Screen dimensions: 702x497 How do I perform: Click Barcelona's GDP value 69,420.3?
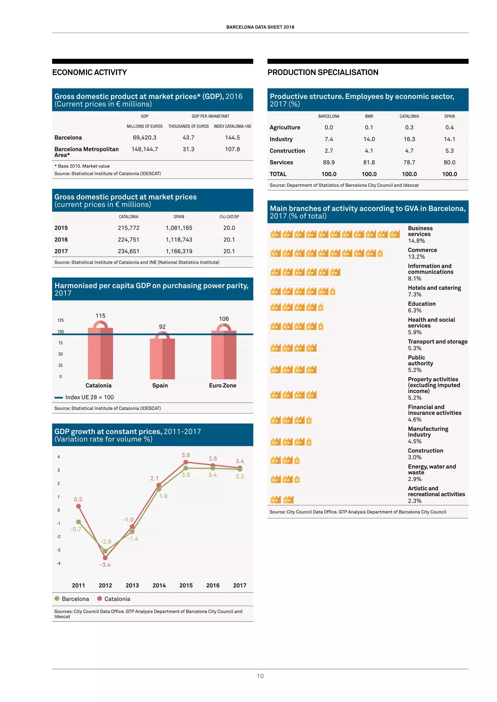(144, 138)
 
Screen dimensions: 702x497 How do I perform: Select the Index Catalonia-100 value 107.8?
(232, 149)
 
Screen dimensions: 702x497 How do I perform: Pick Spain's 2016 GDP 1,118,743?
(179, 240)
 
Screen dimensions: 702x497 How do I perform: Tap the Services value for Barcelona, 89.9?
(329, 162)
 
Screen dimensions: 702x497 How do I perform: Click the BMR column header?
(369, 116)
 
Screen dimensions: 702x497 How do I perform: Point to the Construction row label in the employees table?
(287, 151)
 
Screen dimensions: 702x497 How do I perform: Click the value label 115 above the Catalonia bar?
(100, 316)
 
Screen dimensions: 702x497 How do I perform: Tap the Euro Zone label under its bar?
(223, 386)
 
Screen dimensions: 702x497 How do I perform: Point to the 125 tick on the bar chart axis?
(61, 320)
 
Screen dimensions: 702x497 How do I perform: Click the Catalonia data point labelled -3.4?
(105, 558)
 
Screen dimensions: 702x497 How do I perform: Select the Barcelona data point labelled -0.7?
(78, 522)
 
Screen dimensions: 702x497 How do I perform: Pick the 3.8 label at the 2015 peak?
(185, 455)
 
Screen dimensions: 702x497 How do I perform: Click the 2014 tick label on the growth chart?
(159, 585)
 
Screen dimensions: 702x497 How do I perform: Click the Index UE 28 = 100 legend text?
(89, 397)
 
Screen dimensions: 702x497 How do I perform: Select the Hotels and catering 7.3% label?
(434, 291)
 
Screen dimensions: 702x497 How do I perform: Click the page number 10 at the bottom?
(260, 676)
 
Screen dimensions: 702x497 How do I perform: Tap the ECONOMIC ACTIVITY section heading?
(89, 72)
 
